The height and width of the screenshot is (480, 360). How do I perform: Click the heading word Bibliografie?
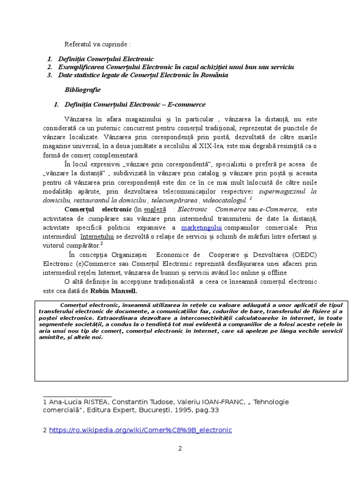[82, 90]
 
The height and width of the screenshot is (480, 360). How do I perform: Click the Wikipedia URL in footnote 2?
[140, 430]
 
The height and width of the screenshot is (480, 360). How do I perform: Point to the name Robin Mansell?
[117, 291]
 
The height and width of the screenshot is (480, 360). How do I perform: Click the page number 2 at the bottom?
[180, 448]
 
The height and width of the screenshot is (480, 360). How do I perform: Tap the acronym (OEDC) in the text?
[305, 255]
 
